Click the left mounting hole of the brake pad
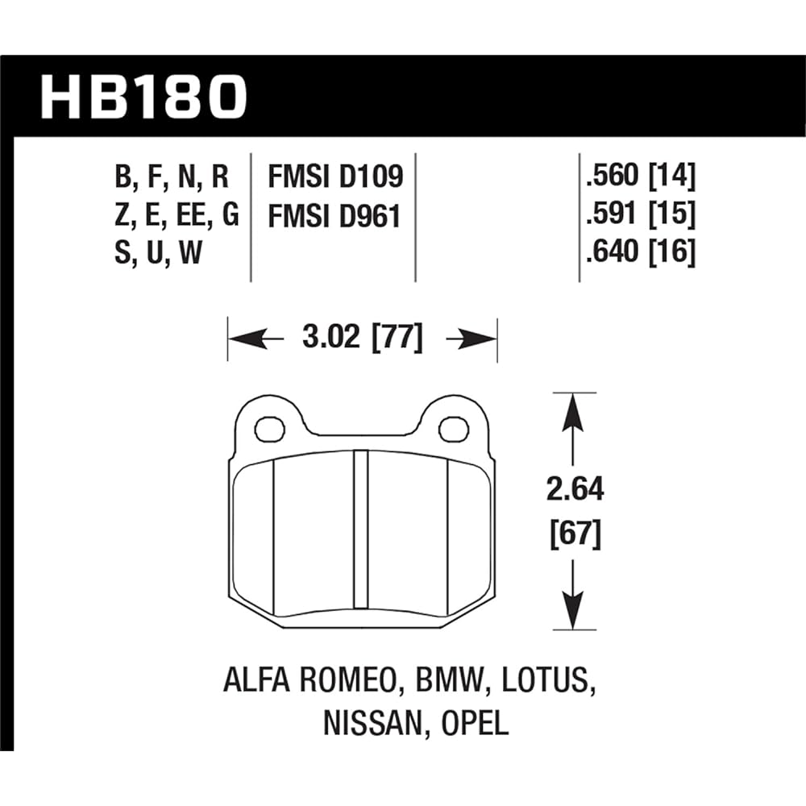269,429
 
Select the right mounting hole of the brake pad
454,429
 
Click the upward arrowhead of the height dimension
572,411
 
